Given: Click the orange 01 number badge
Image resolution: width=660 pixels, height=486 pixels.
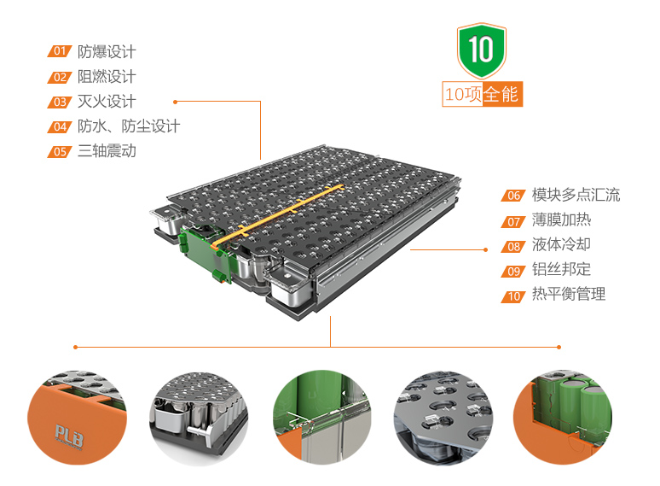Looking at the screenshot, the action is click(60, 51).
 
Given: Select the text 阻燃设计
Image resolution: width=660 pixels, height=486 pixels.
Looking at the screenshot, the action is click(107, 77).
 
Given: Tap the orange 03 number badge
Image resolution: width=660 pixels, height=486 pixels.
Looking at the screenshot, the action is click(60, 102).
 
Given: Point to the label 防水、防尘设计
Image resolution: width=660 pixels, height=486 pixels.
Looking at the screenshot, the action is click(129, 126).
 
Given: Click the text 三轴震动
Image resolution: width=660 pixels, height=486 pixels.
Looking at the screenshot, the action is click(107, 151).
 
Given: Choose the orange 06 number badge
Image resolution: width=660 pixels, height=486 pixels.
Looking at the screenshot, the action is click(513, 196).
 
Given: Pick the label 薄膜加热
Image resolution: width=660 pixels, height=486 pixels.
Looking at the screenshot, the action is click(561, 220).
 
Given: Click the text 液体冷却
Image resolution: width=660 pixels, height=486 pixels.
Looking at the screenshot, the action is click(561, 244).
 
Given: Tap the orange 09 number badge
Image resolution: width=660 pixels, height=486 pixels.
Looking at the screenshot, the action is click(513, 272).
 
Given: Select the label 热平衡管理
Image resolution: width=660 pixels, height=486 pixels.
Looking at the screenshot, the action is click(569, 294).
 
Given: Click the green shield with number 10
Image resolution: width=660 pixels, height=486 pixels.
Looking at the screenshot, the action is click(482, 50).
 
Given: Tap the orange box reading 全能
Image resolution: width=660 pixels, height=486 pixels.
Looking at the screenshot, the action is click(502, 94).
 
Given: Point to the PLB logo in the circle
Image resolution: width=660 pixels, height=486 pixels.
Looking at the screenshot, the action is click(69, 436).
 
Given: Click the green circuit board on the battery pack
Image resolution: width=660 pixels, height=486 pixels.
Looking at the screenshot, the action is click(206, 254).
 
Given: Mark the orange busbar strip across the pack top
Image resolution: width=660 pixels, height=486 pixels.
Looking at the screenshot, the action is click(278, 215).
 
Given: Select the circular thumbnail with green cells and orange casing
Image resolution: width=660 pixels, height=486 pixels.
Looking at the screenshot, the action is click(563, 418).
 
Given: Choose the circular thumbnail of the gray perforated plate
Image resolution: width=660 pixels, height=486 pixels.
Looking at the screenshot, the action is click(443, 418).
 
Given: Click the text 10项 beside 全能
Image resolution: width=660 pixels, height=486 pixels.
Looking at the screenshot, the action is click(463, 94).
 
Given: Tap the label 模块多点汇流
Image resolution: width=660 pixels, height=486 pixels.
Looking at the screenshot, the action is click(576, 195).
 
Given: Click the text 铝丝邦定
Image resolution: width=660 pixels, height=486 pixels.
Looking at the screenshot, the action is click(561, 269).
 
